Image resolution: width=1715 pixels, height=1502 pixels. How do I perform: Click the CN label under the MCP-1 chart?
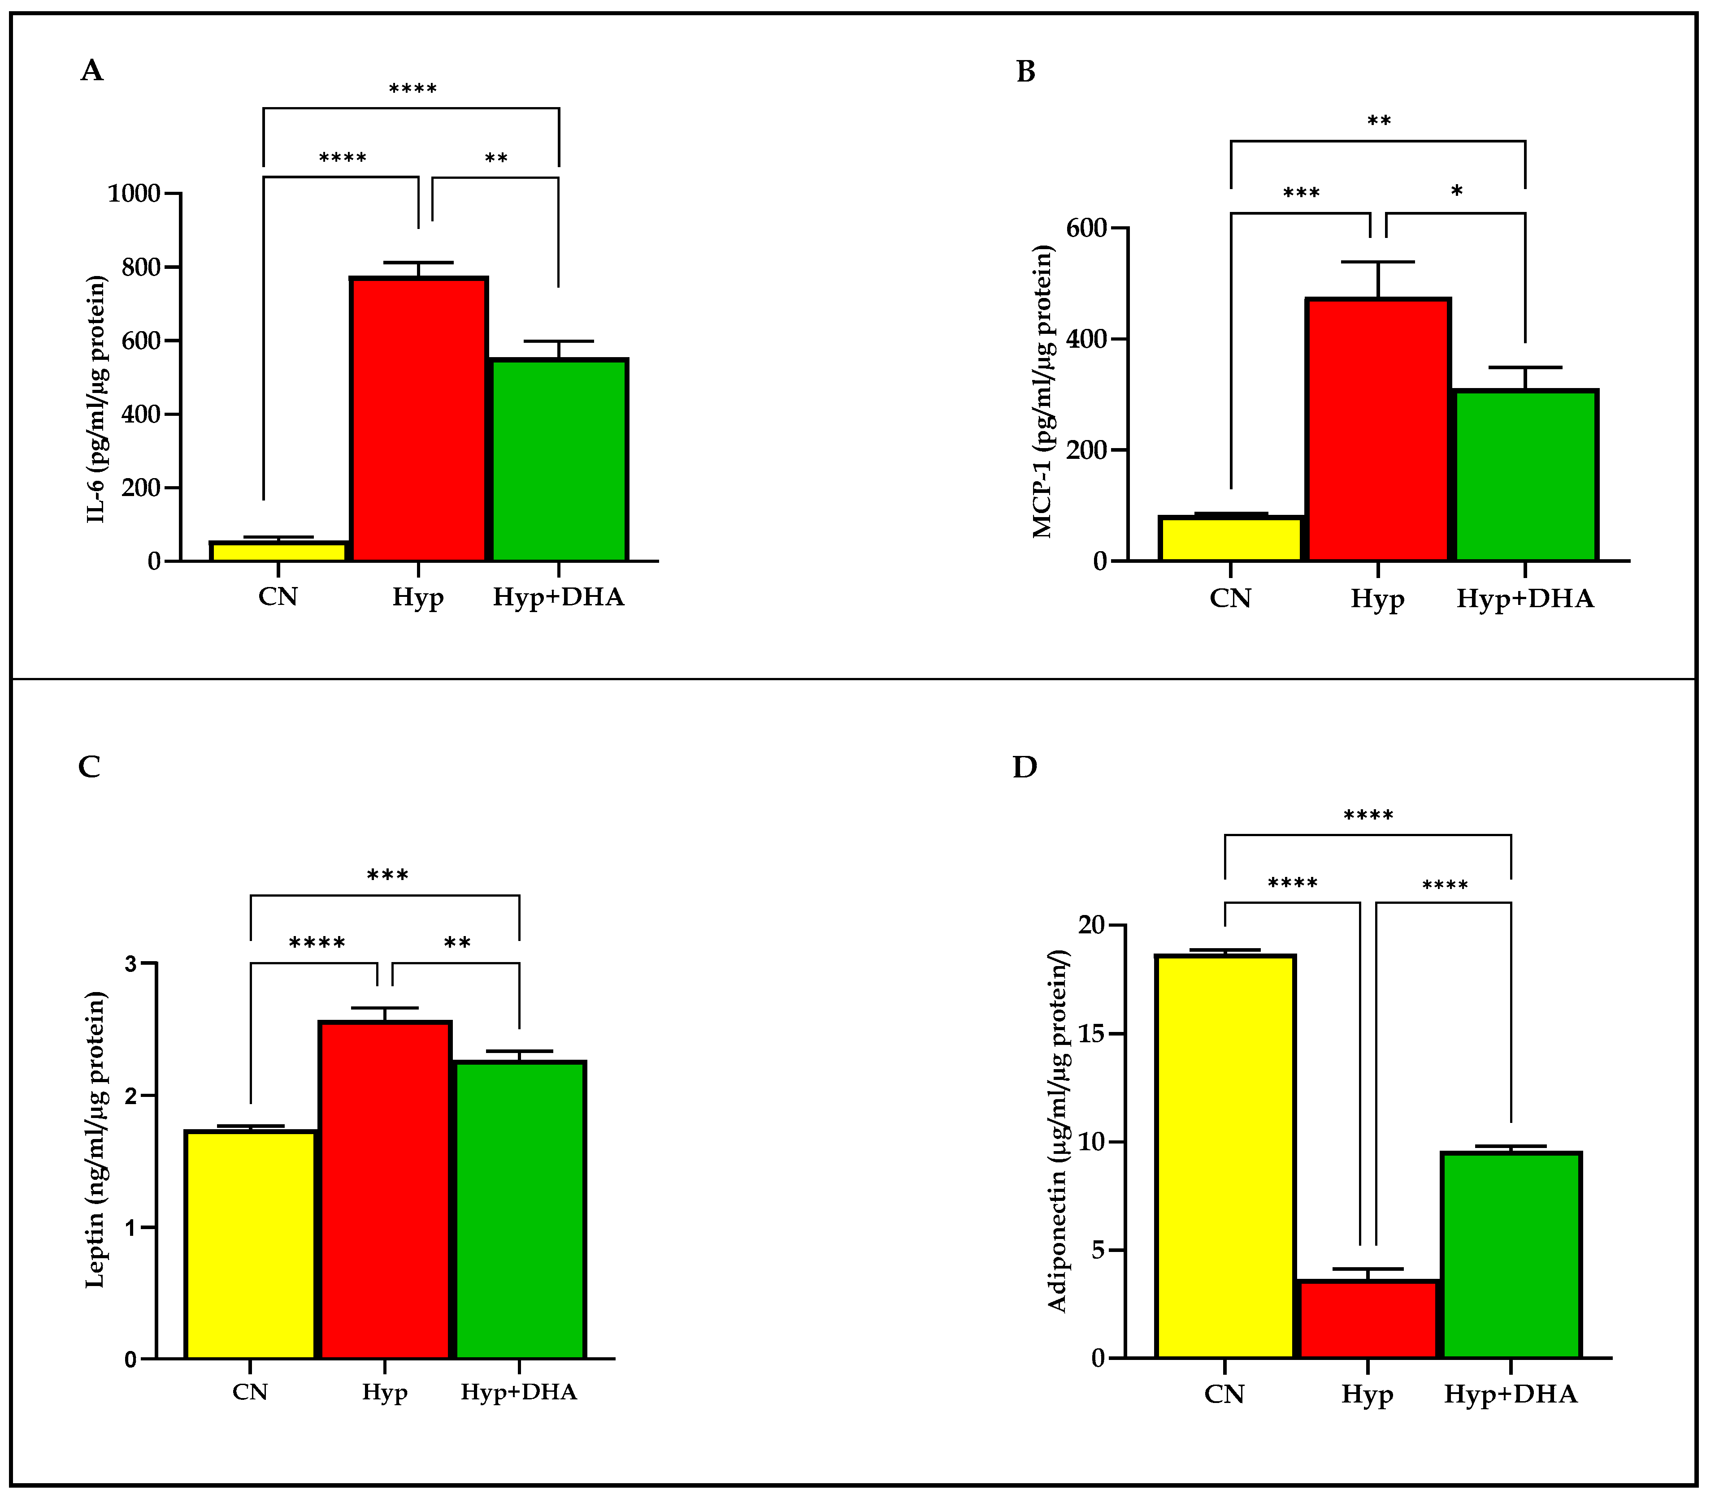pyautogui.click(x=1230, y=599)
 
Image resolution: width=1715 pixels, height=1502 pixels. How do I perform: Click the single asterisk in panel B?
pyautogui.click(x=1457, y=192)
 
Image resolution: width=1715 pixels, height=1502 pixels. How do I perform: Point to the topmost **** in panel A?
pyautogui.click(x=412, y=89)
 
